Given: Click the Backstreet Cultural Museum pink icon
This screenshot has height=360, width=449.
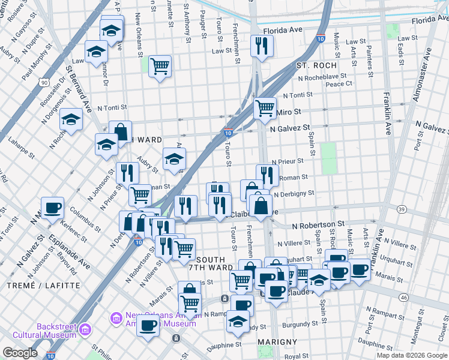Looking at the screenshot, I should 85,329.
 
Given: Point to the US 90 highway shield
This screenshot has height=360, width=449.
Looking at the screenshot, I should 44,82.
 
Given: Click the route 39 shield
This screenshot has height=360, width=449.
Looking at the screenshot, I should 402,209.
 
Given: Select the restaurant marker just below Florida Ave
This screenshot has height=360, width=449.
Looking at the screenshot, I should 261,46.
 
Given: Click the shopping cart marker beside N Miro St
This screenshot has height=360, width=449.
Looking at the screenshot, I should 265,109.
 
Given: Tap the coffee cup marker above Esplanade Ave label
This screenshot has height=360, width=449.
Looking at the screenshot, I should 52,208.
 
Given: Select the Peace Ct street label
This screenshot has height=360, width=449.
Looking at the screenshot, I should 339,84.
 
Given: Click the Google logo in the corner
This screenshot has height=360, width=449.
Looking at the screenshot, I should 20,353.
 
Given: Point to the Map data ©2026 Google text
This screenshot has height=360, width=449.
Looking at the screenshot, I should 411,355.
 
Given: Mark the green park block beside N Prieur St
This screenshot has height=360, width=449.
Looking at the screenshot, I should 328,158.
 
